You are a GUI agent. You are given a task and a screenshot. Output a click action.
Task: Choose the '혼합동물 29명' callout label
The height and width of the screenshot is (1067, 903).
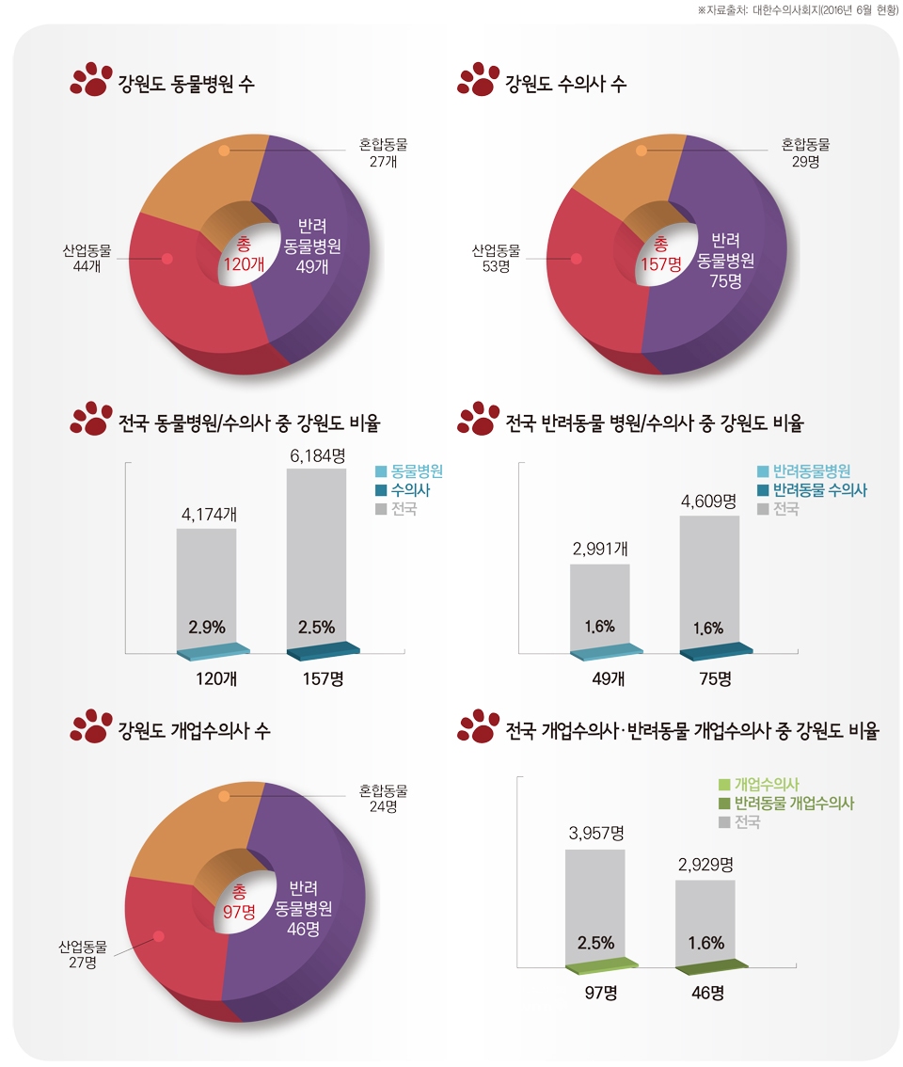pyautogui.click(x=805, y=152)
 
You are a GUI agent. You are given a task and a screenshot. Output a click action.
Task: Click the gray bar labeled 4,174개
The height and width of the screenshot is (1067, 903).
pyautogui.click(x=206, y=588)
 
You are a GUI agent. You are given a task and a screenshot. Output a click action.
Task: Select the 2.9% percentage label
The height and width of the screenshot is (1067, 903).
pyautogui.click(x=206, y=628)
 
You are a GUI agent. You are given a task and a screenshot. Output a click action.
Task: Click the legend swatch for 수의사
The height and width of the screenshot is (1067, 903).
pyautogui.click(x=381, y=490)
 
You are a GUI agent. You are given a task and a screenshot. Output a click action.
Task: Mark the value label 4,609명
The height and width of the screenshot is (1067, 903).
pyautogui.click(x=708, y=501)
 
